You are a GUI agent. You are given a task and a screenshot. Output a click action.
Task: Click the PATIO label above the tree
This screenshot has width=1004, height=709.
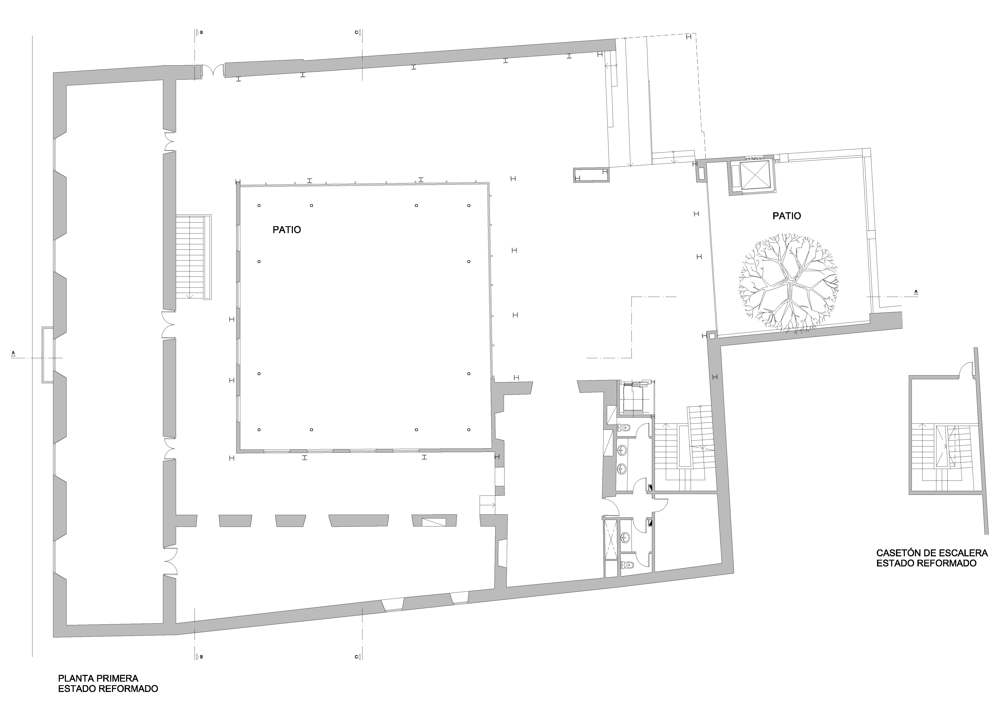pyautogui.click(x=787, y=216)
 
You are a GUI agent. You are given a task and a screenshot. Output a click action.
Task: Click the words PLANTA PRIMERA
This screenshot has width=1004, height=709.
pyautogui.click(x=98, y=678)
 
